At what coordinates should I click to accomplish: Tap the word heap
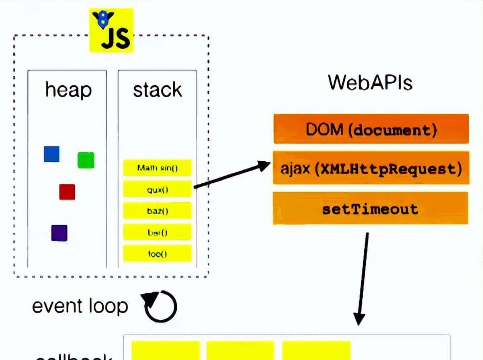(68, 89)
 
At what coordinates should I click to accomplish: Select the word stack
(157, 90)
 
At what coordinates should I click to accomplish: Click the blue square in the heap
(51, 154)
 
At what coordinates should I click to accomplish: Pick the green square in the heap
(86, 160)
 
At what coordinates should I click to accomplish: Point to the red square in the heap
(67, 192)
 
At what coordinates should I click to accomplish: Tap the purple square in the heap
(59, 233)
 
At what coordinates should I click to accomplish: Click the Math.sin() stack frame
(157, 168)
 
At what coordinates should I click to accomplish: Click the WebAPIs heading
(370, 82)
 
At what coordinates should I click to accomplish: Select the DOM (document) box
(371, 129)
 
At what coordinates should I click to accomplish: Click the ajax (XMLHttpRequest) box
(371, 168)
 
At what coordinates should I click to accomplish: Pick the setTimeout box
(370, 209)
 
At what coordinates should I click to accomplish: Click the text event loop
(80, 306)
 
